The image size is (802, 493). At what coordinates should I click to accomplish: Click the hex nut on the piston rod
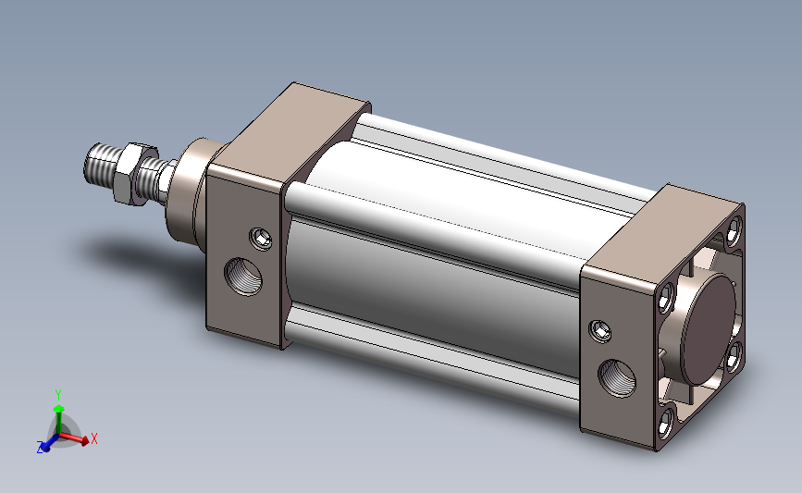[x=134, y=174]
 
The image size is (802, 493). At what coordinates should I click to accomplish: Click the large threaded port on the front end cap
[x=243, y=277]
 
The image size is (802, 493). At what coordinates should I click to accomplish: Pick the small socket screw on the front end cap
[x=261, y=239]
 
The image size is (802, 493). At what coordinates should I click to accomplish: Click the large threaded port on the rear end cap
[x=617, y=378]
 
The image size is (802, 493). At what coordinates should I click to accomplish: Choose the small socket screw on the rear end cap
[x=600, y=331]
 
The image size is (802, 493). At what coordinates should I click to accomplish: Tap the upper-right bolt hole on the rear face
[x=734, y=228]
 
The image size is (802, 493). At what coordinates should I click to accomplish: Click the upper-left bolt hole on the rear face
[x=665, y=299]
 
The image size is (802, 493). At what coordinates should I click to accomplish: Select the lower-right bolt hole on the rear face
[x=734, y=356]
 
